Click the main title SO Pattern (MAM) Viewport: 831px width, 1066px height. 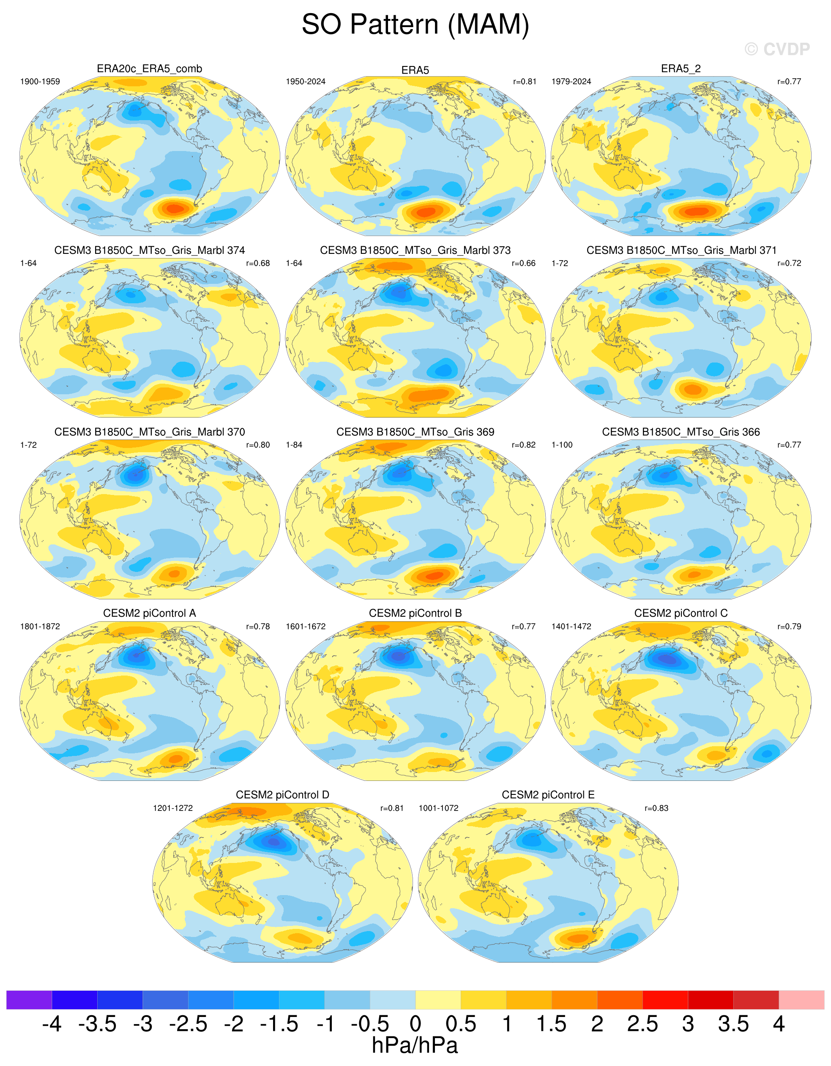click(x=415, y=25)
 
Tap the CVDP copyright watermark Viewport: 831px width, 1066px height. click(x=777, y=49)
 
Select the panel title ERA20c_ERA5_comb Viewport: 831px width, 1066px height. click(x=149, y=69)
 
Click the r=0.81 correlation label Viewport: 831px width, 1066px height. click(x=524, y=82)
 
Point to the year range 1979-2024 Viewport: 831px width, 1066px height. click(x=571, y=82)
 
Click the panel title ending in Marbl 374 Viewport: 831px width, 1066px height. click(x=149, y=250)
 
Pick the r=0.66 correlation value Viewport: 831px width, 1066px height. click(x=523, y=263)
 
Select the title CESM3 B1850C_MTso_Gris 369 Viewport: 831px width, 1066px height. click(x=415, y=432)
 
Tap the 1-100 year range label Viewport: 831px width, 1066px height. click(x=562, y=445)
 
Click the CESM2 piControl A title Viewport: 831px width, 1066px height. click(x=149, y=613)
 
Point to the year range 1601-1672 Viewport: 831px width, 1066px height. click(x=305, y=626)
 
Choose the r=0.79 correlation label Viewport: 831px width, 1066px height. click(x=789, y=626)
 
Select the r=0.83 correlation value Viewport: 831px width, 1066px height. click(x=656, y=808)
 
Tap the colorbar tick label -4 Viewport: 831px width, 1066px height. click(x=52, y=1024)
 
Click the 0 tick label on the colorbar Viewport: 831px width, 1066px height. click(x=415, y=1024)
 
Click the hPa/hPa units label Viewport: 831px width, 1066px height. click(x=415, y=1045)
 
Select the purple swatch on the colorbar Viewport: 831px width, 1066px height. click(x=29, y=1000)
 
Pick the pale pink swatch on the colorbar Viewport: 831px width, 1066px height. click(x=801, y=1000)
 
